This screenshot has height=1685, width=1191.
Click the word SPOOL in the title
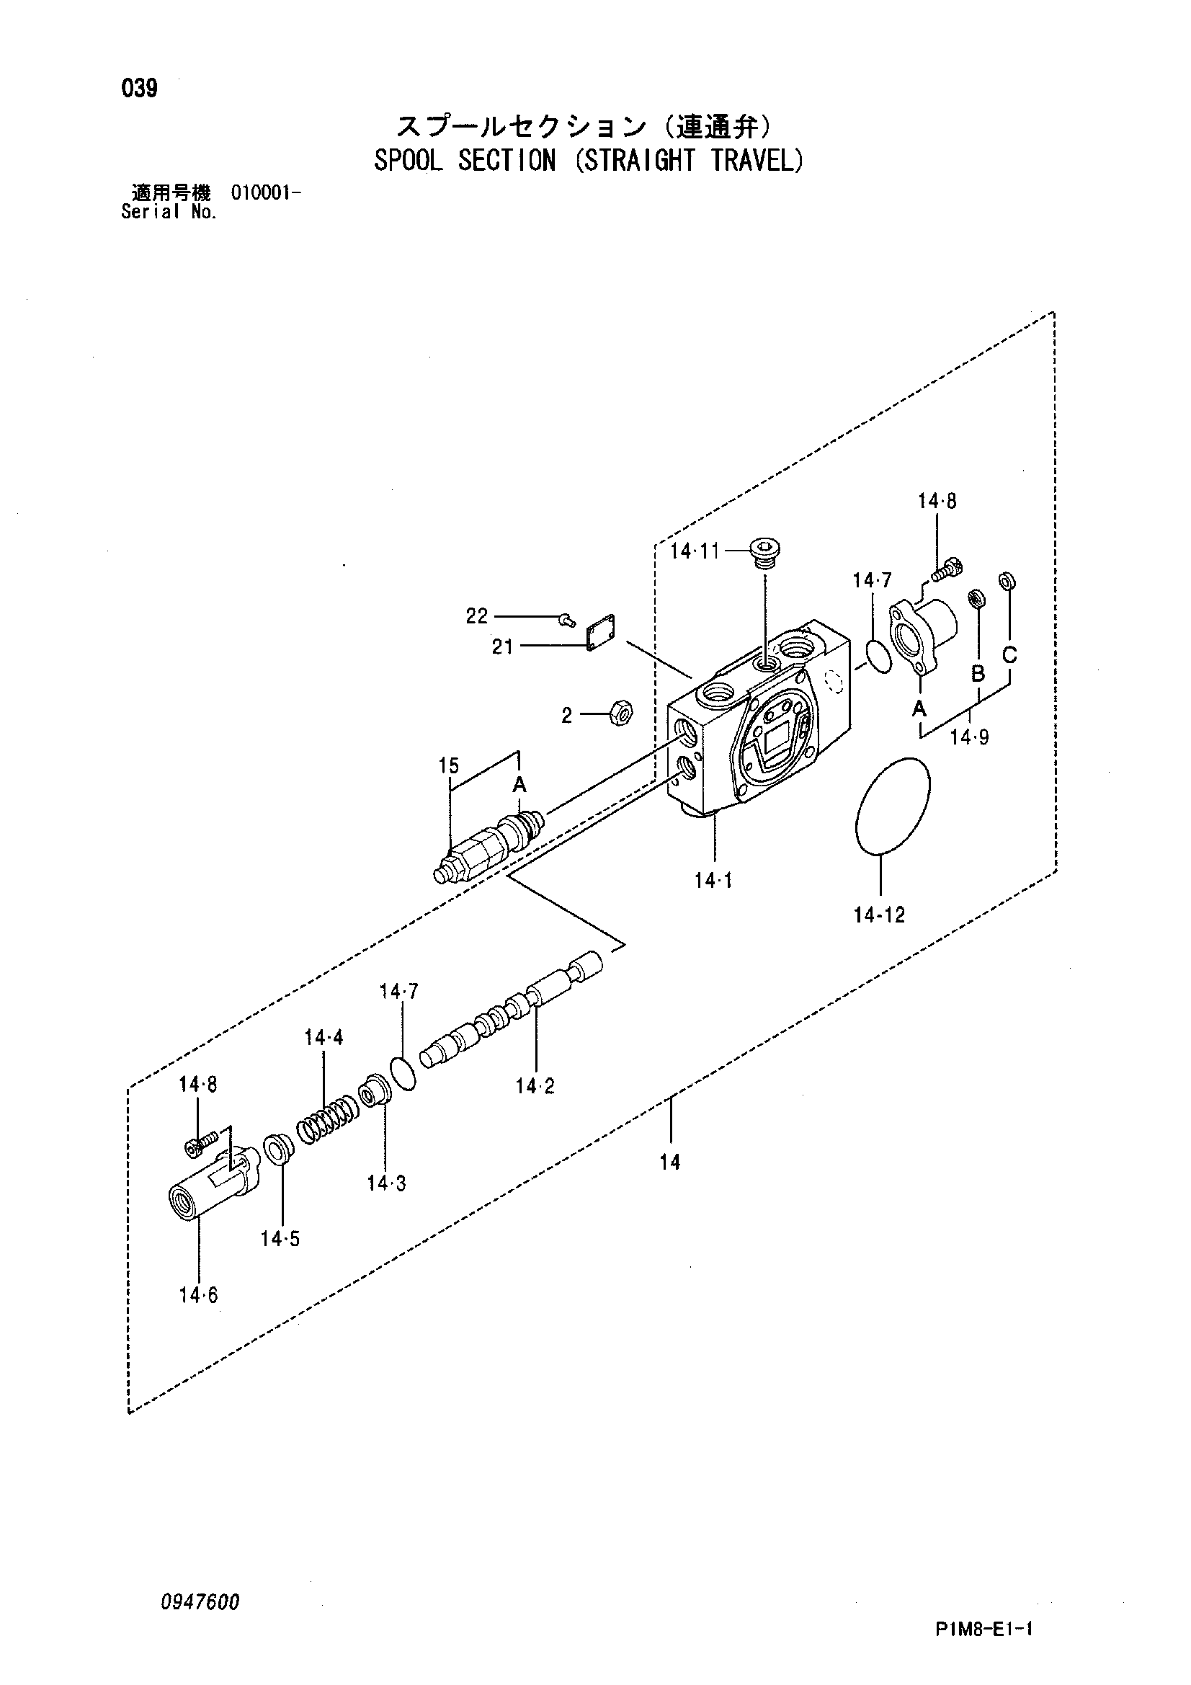408,161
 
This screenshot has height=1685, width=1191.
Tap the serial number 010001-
265,193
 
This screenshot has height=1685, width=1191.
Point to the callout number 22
477,615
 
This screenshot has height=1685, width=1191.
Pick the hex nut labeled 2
622,712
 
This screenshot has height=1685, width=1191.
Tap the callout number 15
448,766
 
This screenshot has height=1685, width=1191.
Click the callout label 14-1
713,881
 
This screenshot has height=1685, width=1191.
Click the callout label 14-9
969,736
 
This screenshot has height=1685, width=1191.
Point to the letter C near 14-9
1009,654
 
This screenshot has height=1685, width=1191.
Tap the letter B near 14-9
978,673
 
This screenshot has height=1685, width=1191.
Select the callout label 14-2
535,1086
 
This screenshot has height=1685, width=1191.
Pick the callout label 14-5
280,1239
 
